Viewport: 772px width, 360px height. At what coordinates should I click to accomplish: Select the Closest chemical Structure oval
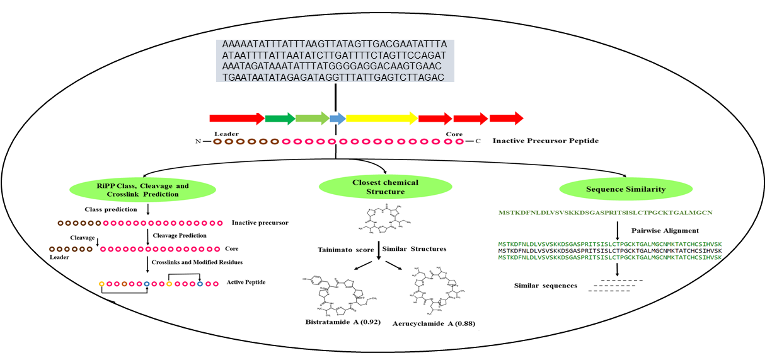(x=386, y=186)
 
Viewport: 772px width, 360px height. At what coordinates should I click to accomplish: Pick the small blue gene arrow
(x=338, y=118)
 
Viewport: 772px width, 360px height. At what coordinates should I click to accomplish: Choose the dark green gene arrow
(x=280, y=118)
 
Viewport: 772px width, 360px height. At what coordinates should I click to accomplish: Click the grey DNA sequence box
(x=335, y=61)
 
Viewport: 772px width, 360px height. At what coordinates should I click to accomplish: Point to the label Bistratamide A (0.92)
(x=335, y=323)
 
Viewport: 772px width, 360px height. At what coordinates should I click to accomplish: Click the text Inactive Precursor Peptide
(x=546, y=141)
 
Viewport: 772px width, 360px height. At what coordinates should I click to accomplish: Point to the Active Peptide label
(x=246, y=282)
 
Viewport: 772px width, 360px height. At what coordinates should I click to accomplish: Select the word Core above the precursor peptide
(x=454, y=134)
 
